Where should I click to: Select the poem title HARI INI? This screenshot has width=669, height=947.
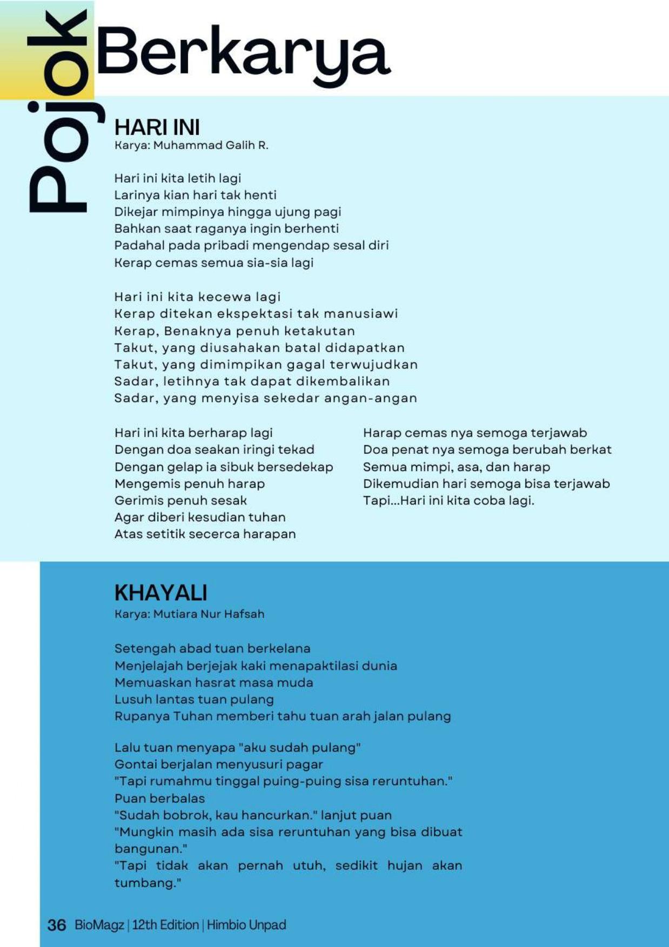pos(157,127)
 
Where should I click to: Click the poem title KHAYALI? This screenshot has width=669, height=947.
pos(160,593)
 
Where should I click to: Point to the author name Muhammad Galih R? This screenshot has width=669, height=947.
pos(211,145)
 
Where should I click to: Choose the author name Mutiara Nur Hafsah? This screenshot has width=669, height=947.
pos(209,614)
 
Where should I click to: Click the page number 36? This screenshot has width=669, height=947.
pos(57,925)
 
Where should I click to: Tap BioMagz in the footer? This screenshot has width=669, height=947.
pos(99,925)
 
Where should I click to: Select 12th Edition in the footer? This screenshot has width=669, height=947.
pos(165,925)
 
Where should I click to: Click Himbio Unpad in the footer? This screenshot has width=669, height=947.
pos(246,925)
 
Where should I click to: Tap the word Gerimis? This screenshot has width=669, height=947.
pos(138,501)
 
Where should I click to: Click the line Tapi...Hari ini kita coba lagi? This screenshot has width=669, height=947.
pos(449,501)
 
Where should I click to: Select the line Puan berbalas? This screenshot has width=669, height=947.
pos(159,798)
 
